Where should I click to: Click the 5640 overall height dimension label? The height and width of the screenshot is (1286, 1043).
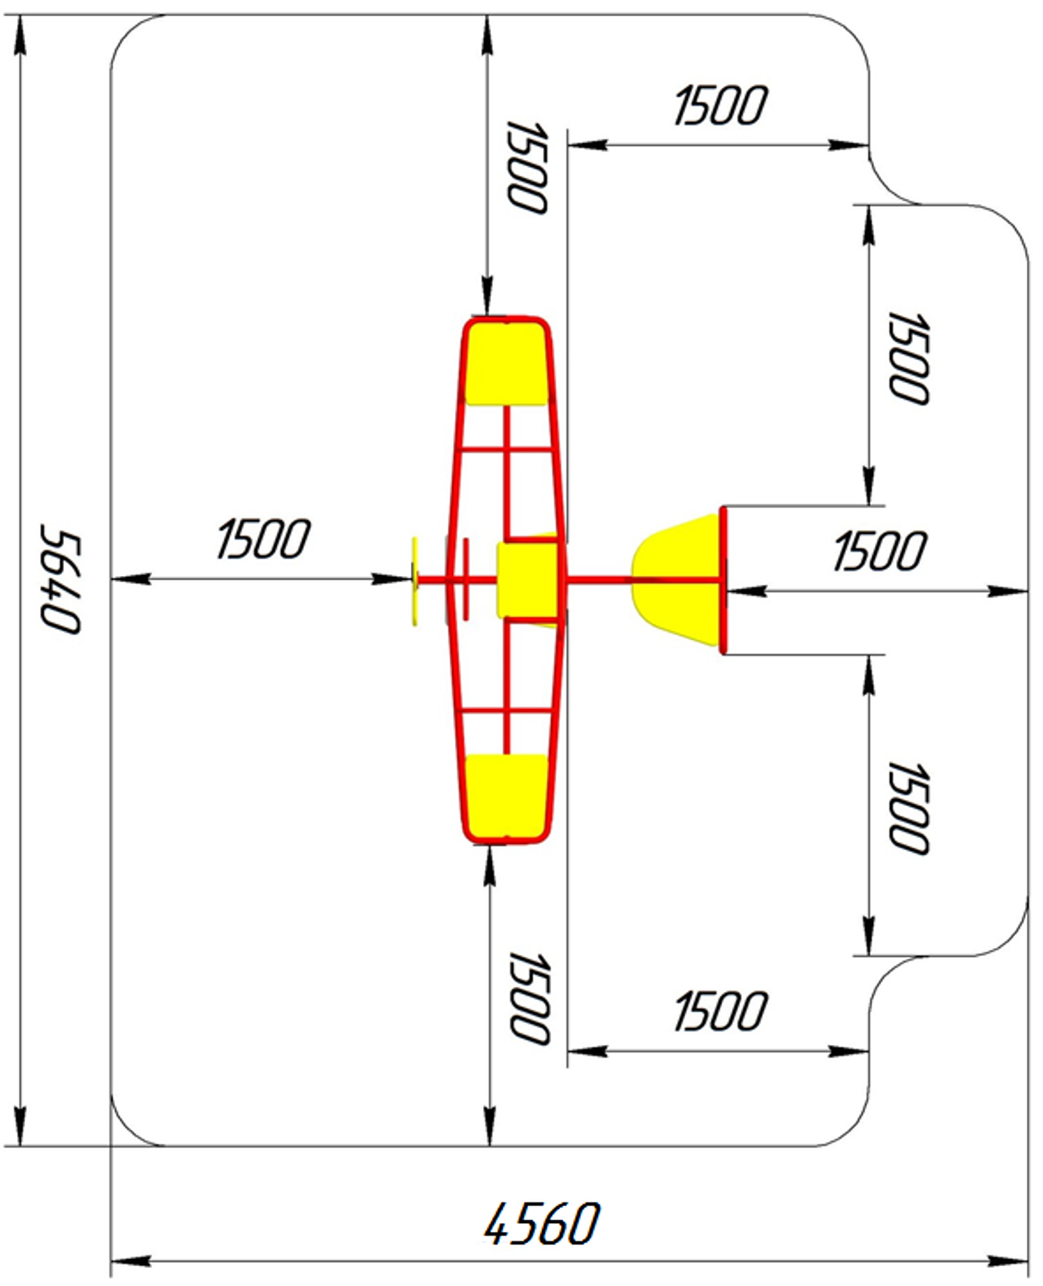coord(59,580)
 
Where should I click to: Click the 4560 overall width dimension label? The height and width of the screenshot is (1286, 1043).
coord(542,1224)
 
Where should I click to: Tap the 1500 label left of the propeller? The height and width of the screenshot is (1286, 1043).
coord(263,538)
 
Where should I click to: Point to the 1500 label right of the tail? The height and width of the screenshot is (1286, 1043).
coord(879,551)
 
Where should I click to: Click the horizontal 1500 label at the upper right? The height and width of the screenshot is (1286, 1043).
coord(720,106)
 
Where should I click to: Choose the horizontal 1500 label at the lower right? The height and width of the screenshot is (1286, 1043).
coord(720,1011)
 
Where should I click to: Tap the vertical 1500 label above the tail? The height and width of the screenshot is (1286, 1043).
coord(908,358)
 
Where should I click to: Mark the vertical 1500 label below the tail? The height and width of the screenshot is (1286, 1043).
coord(908,808)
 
